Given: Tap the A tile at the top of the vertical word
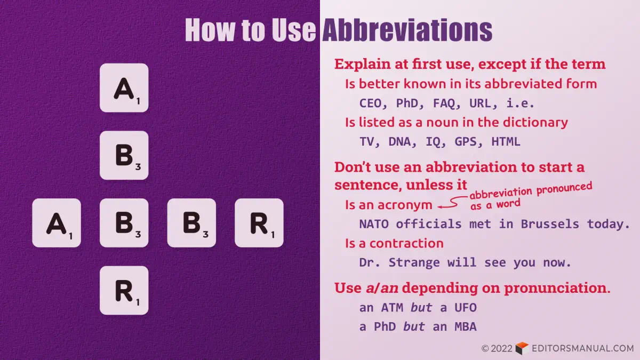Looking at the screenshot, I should coord(124,88).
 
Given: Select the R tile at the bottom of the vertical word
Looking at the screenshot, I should coord(124,290).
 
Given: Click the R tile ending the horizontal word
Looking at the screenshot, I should coord(259,223).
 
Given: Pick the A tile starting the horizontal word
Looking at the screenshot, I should coord(57,223).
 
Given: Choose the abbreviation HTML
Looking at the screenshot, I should coord(506,142).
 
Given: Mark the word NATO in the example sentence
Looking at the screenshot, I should coord(373,224).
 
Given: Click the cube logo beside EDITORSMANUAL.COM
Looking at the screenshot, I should coord(522,348).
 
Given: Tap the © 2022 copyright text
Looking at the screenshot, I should coord(497,349).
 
